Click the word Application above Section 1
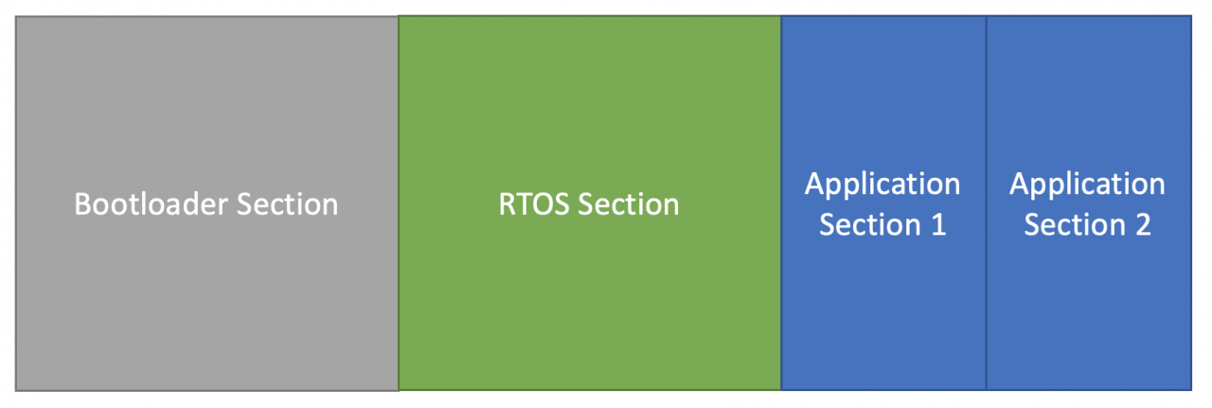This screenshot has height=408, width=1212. coord(882,184)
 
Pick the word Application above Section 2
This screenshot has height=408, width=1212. coord(1087,184)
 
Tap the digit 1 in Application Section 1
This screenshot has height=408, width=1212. coord(938,225)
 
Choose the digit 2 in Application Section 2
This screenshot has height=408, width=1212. coord(1142,225)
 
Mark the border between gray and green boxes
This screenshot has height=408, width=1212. coord(399,284)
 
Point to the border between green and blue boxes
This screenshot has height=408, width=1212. coord(781,284)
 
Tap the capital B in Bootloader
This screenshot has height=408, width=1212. coord(82,204)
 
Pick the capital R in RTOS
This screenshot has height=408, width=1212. coord(507,204)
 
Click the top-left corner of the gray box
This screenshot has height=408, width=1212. coord(16,17)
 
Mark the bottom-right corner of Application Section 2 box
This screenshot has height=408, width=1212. coord(1190,389)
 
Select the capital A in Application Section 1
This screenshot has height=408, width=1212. coord(813,184)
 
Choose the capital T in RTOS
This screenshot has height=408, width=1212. coord(524,204)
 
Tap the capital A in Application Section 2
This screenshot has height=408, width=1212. coord(1018,184)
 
